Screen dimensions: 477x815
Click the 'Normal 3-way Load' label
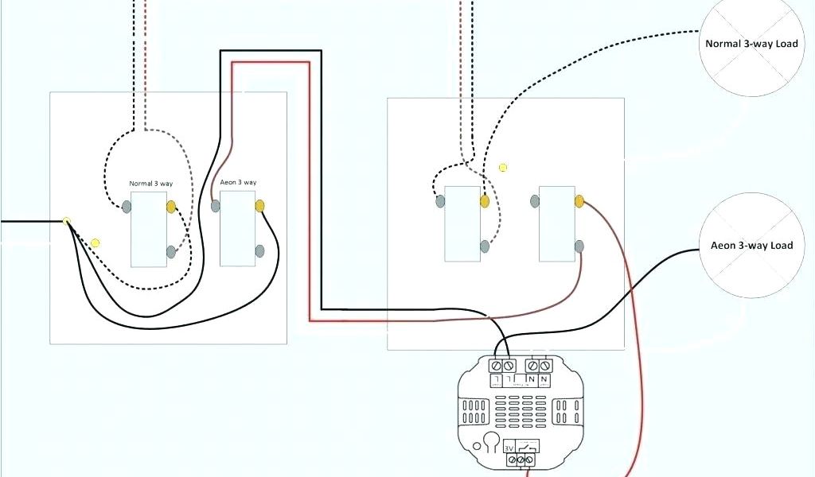click(751, 44)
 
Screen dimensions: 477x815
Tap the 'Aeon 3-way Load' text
click(751, 246)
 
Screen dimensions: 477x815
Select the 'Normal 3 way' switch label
click(151, 184)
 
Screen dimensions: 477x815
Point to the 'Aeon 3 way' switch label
click(238, 183)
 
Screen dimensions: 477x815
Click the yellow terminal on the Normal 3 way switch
click(171, 207)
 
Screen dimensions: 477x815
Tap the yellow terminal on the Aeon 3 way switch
click(259, 206)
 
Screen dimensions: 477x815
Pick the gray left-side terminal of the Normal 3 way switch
click(127, 207)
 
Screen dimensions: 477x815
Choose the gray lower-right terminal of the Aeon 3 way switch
click(259, 252)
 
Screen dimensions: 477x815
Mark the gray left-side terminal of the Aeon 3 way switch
click(216, 206)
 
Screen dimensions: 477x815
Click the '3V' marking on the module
click(509, 448)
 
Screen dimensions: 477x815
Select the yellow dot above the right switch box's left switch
click(503, 168)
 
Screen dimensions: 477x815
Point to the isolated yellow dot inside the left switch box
click(96, 242)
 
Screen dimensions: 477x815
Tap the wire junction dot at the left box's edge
click(68, 221)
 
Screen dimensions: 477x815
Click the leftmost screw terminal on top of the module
click(494, 365)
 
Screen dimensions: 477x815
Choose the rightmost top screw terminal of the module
click(545, 365)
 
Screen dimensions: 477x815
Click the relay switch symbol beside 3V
click(528, 448)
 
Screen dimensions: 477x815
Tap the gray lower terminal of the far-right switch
click(579, 247)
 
